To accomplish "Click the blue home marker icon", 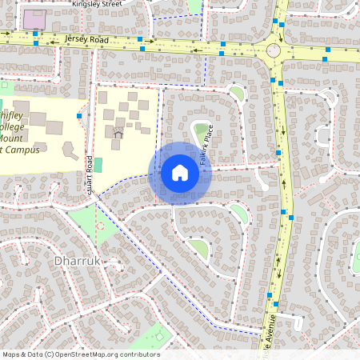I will (180, 172).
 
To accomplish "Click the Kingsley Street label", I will (96, 4).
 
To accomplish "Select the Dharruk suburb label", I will (76, 262).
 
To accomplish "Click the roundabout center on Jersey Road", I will (274, 50).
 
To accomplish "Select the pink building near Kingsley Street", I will (34, 18).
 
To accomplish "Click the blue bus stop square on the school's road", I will (78, 117).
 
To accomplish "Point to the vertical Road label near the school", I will (90, 172).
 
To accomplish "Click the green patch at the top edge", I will (194, 6).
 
